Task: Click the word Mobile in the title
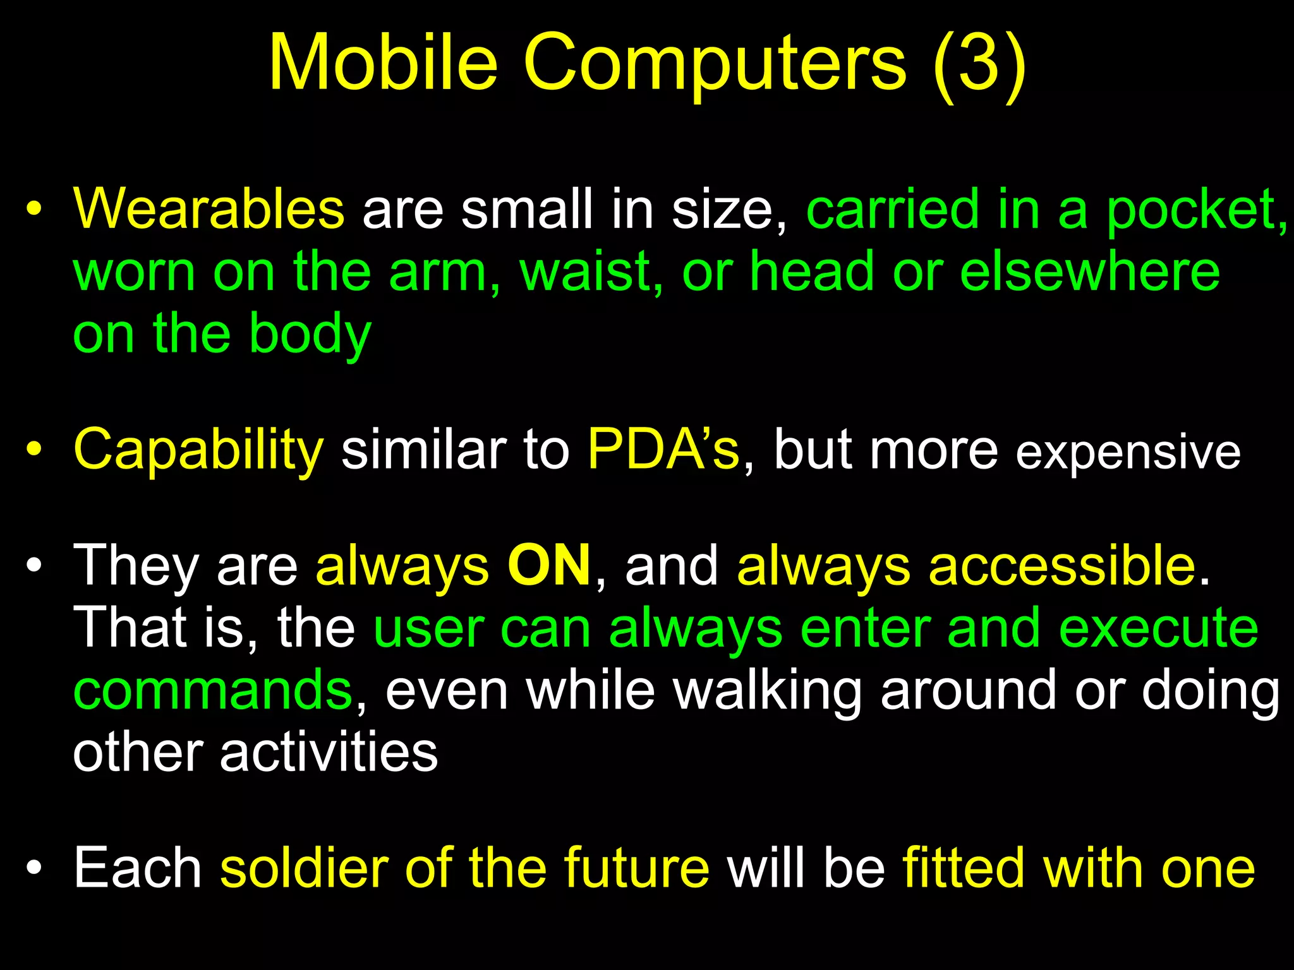pos(384,63)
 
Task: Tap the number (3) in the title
pos(979,63)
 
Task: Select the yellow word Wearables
pos(209,210)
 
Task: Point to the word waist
pos(591,272)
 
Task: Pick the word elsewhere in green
pos(1090,272)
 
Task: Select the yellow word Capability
pos(198,450)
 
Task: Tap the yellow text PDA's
pos(663,450)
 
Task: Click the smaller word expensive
pos(1128,453)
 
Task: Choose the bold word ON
pos(549,566)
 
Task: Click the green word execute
pos(1158,628)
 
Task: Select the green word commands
pos(213,691)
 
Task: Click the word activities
pos(329,753)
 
